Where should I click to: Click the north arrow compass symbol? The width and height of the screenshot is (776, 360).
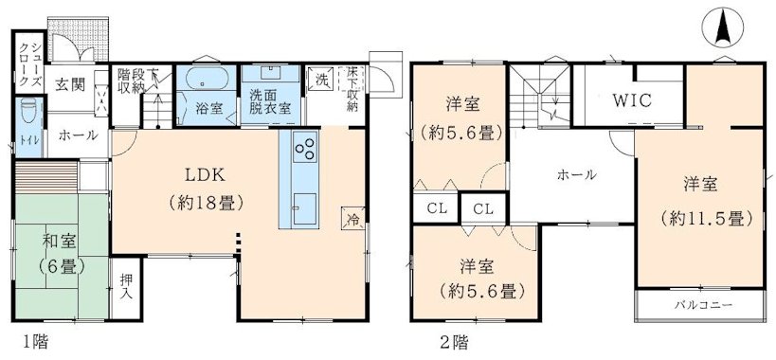click(721, 27)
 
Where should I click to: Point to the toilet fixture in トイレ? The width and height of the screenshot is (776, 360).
click(25, 110)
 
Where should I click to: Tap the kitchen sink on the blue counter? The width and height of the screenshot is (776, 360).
click(305, 206)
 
